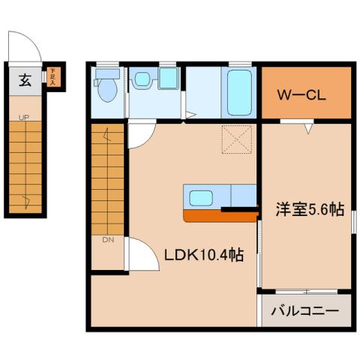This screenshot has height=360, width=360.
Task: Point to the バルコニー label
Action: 305,309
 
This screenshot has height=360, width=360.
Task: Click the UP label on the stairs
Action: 25,117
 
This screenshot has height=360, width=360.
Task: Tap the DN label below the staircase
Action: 107,240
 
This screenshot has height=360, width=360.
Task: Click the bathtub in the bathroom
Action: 239,91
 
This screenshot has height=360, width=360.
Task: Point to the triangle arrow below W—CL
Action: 307,129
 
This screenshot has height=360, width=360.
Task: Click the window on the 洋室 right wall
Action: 353,223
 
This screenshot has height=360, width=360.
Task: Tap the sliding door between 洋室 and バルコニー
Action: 306,290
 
